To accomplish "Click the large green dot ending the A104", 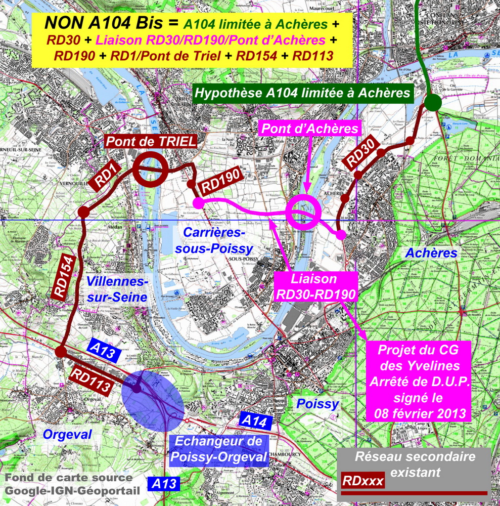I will pyautogui.click(x=432, y=103).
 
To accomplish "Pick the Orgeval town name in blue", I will pyautogui.click(x=67, y=434).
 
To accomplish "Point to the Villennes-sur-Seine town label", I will pyautogui.click(x=117, y=289).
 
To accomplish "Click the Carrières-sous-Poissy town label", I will pyautogui.click(x=214, y=240).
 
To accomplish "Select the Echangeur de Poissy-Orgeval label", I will pyautogui.click(x=218, y=449).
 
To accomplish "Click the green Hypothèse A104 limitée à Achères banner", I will pyautogui.click(x=302, y=94).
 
